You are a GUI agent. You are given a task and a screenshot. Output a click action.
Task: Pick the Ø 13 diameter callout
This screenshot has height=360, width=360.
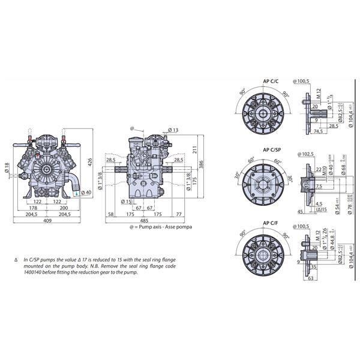pyautogui.click(x=173, y=130)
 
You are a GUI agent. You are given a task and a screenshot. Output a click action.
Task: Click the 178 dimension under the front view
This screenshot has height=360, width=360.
pyautogui.click(x=34, y=207)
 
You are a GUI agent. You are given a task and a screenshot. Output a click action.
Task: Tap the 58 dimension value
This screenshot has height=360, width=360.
pyautogui.click(x=112, y=214)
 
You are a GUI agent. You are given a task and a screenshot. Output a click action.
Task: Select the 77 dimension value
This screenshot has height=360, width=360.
pyautogui.click(x=180, y=214)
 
